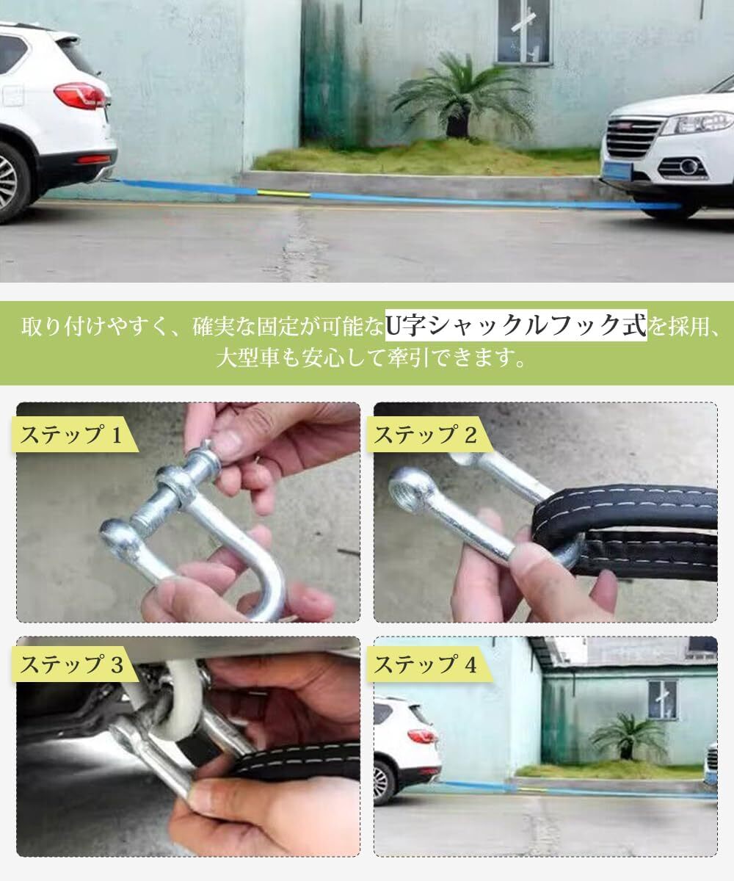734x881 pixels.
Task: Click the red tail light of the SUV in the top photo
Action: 79,95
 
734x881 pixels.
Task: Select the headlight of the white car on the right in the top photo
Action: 698,123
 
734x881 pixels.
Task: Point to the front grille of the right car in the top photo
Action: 632,137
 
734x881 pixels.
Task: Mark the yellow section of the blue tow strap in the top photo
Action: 283,194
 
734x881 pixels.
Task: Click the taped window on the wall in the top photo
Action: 524,31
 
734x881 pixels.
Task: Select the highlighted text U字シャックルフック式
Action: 516,325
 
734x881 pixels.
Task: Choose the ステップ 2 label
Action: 426,435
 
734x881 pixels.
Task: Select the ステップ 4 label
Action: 426,664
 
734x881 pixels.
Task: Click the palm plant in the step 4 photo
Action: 628,734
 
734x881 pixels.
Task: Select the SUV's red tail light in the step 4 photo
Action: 422,736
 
